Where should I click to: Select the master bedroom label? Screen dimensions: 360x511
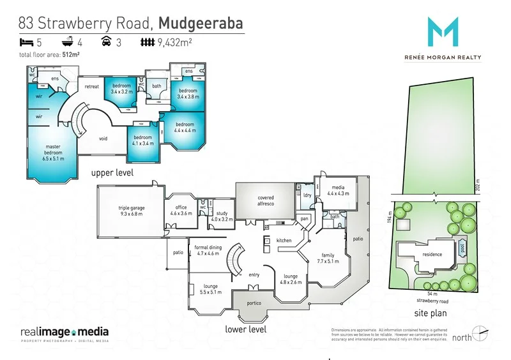[53, 150]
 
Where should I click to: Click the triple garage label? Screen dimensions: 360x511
[132, 211]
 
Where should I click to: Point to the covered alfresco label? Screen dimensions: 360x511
[265, 200]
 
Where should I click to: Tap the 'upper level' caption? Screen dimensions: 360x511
[111, 173]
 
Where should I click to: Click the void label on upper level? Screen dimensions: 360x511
[103, 138]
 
